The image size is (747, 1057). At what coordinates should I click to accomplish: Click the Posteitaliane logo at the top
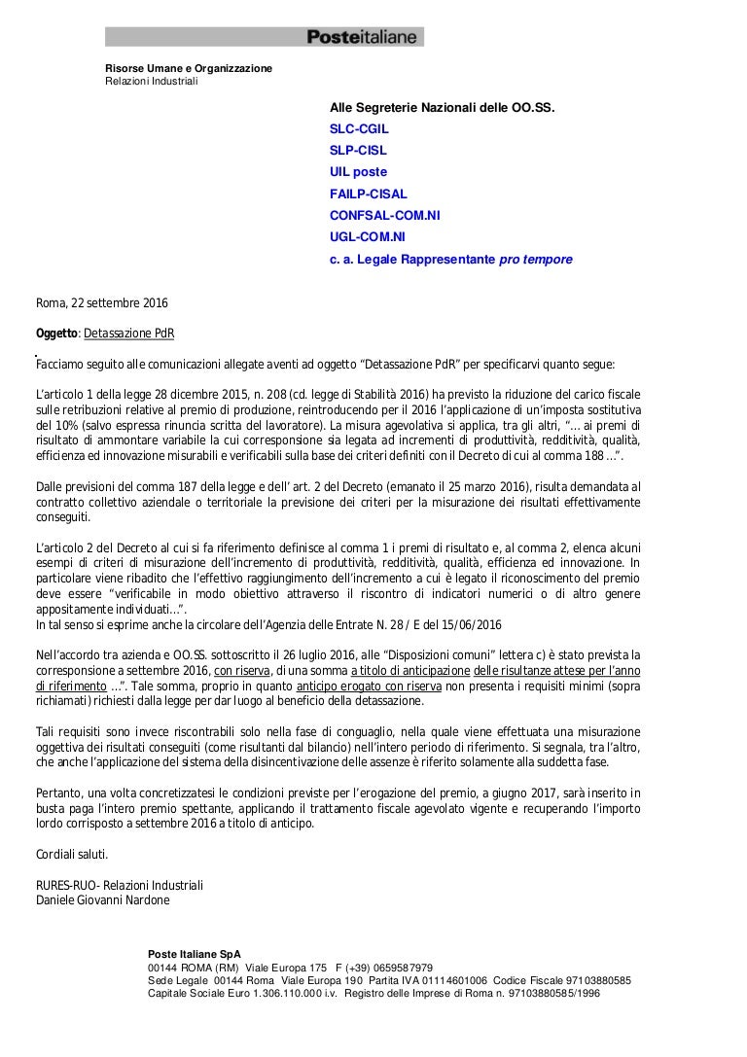click(x=362, y=37)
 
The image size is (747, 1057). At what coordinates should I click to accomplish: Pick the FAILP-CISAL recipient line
click(x=369, y=194)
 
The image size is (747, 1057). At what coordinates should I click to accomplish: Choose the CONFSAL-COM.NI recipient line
click(x=385, y=216)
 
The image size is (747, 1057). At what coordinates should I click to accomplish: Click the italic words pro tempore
click(x=535, y=260)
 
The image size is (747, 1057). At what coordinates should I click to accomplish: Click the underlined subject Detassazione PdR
click(x=129, y=334)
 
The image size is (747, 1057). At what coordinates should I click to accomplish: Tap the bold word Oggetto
click(x=56, y=334)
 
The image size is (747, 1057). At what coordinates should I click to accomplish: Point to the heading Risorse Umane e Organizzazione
click(x=189, y=68)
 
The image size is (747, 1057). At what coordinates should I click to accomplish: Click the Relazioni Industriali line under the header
click(x=151, y=81)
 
